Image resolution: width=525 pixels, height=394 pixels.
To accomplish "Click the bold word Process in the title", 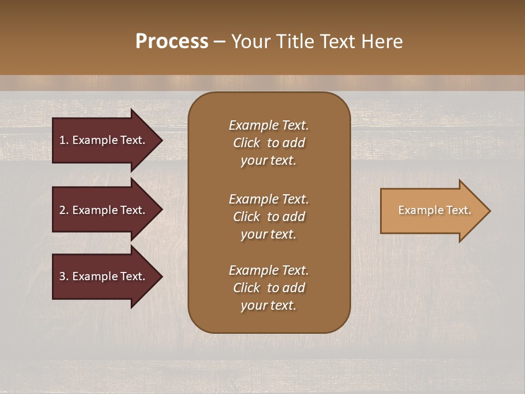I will point(172,42).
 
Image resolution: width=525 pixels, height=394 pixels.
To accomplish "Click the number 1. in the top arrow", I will point(63,140).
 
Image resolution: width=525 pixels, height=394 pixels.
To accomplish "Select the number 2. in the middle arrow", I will point(63,210).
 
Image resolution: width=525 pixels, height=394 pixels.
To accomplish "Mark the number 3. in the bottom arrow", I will point(63,276).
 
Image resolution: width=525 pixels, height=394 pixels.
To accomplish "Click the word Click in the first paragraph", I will point(247,143).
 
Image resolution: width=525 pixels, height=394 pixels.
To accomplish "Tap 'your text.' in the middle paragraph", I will point(269,234).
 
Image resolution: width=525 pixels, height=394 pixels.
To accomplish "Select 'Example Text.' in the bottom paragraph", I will point(269,270).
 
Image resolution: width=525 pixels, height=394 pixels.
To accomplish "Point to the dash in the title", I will point(219,42).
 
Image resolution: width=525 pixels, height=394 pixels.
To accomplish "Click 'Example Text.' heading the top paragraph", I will point(269,125).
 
